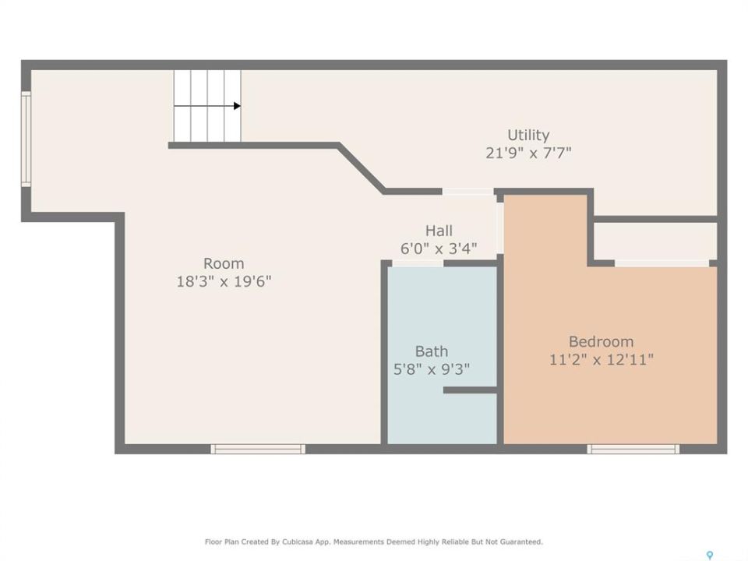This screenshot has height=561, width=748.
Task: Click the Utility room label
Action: tap(528, 135)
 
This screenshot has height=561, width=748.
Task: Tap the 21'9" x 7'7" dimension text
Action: tap(528, 153)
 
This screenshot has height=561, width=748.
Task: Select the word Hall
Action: tap(439, 231)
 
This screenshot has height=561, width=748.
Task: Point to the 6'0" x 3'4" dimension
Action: tap(439, 249)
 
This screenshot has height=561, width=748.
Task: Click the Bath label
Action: tap(431, 351)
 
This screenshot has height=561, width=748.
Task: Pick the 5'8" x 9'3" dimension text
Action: tap(431, 369)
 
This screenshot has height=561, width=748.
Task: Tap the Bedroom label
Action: tap(601, 341)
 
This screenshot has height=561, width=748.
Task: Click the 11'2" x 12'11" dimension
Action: tap(601, 359)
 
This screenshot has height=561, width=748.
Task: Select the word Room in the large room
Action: tap(224, 263)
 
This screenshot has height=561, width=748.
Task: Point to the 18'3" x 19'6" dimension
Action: tap(224, 281)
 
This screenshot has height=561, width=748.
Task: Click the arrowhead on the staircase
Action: tap(237, 106)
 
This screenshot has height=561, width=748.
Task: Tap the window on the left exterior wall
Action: tap(26, 139)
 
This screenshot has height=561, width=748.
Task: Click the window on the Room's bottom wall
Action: tap(258, 449)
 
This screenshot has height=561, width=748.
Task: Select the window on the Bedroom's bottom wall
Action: tap(633, 449)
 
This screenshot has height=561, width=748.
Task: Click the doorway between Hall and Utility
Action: tap(468, 192)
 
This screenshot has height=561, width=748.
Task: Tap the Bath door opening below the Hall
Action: tap(418, 263)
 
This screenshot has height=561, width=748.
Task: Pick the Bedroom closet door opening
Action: tap(662, 263)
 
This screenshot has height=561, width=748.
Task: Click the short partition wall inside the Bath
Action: tap(471, 390)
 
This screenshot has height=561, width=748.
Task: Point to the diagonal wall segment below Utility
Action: tap(361, 168)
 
